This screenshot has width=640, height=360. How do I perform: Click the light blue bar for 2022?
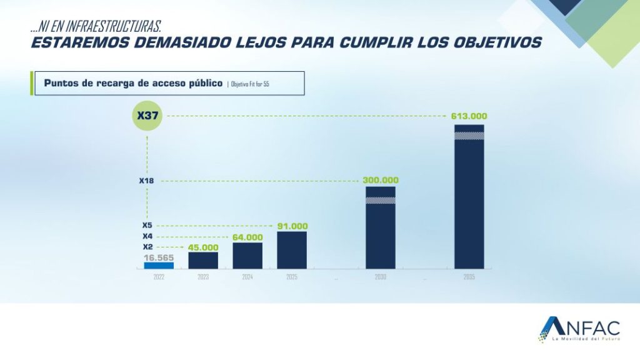(159, 265)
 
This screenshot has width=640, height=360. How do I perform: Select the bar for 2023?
(203, 260)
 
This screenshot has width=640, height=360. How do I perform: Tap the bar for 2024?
(247, 256)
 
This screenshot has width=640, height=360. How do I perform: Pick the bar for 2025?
(292, 250)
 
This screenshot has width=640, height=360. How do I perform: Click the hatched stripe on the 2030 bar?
(381, 201)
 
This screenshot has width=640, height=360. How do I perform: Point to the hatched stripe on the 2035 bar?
(469, 136)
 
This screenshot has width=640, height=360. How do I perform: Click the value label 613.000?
(469, 116)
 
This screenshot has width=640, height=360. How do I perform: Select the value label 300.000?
(381, 181)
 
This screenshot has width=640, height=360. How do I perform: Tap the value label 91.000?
(292, 226)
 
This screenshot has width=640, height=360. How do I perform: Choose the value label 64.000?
(247, 237)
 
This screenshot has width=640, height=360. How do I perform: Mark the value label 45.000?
(203, 247)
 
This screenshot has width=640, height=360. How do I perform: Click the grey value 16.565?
(159, 257)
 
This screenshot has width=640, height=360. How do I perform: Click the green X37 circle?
(147, 116)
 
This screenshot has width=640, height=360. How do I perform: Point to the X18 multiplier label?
(147, 181)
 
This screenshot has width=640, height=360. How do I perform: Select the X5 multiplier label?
(147, 226)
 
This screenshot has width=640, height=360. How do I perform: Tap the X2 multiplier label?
(147, 247)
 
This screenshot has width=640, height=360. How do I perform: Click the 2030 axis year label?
(381, 277)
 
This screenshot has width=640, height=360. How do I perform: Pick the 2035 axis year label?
(469, 277)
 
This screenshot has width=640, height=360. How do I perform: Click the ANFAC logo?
(579, 329)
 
